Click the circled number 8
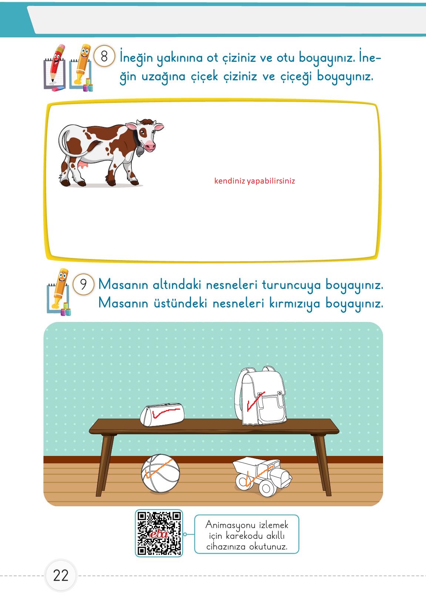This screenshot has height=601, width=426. [104, 57]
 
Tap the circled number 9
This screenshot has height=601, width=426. [83, 284]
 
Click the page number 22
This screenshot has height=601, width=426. [61, 575]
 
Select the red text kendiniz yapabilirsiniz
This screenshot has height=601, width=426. [255, 181]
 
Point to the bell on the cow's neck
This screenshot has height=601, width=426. [141, 151]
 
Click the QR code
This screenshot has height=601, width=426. [159, 533]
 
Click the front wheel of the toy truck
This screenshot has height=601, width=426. [266, 488]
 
